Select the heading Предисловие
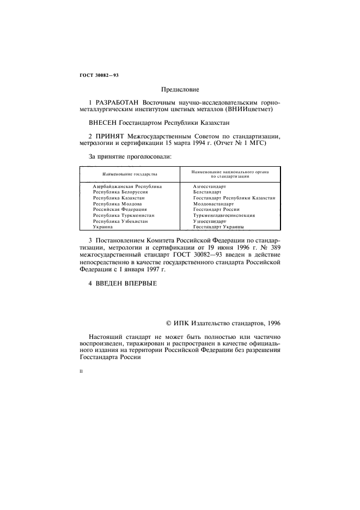click(x=180, y=89)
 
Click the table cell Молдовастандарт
click(x=213, y=204)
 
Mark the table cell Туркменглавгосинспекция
click(x=223, y=215)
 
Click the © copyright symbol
click(x=169, y=324)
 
